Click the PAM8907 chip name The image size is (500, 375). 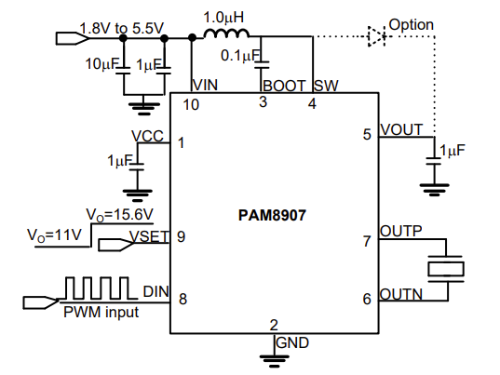coord(272,215)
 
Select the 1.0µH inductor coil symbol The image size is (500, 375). coord(226,33)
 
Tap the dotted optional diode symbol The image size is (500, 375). coord(376,36)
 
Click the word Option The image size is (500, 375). coord(411,25)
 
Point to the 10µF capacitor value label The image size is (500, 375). coord(101,64)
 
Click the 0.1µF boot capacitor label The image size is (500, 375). coord(240,56)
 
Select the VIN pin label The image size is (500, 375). coord(205,85)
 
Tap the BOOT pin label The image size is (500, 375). coord(284,86)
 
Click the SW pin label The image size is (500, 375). coord(326,86)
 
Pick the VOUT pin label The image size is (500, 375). coord(401,130)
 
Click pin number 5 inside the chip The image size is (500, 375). coord(367,134)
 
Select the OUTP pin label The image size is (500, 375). coord(400,231)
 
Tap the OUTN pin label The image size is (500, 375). coord(400,294)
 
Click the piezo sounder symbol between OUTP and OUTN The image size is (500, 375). coord(446,269)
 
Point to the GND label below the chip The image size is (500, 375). coord(292,342)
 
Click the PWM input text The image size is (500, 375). coord(101,312)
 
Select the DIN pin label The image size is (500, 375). coord(155,291)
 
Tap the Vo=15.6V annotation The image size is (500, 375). coord(119,215)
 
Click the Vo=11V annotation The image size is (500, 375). coord(55,235)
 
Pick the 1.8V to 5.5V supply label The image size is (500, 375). coord(121,29)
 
